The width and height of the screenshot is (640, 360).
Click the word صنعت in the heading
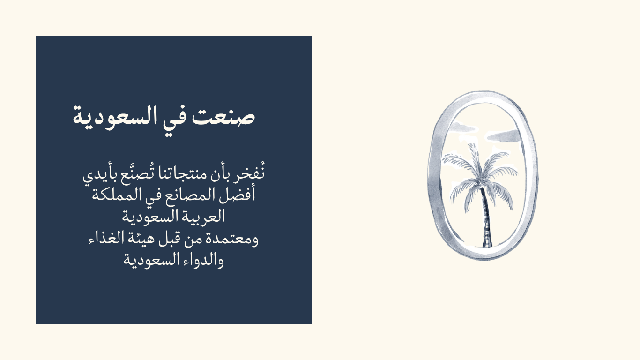click(223, 116)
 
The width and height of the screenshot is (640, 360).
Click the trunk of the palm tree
click(486, 217)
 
